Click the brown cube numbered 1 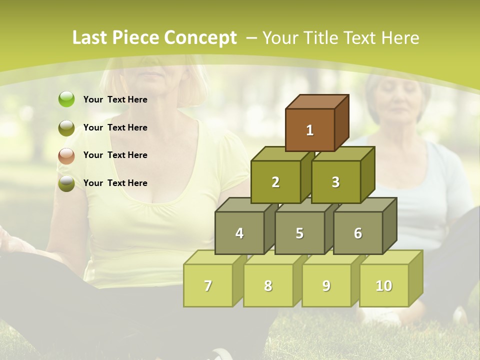(310, 130)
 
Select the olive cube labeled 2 (275, 182)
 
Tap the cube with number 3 (335, 182)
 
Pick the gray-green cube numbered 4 (239, 233)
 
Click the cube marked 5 (299, 233)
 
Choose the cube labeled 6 (358, 233)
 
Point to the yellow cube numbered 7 (208, 285)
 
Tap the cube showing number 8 (268, 285)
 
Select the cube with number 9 (326, 285)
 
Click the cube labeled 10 (384, 285)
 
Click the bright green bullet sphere (66, 99)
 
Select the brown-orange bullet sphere (66, 155)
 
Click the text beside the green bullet (115, 99)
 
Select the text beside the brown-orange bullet (115, 155)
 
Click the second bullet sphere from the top (66, 127)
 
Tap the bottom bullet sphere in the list (66, 183)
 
